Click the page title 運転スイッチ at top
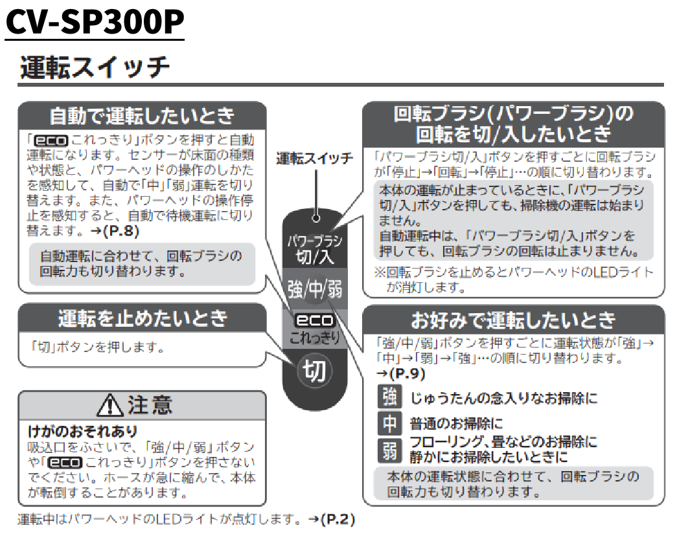coord(95,67)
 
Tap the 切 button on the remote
coord(315,371)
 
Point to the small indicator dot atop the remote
coord(315,218)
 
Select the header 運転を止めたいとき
coord(143,318)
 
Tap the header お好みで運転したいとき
coord(513,320)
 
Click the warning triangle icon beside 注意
coord(111,406)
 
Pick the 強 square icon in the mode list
coord(389,397)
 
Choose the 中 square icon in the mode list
coord(389,424)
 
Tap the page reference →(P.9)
coord(400,373)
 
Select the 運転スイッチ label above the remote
coord(315,159)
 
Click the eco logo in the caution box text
coord(65,462)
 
